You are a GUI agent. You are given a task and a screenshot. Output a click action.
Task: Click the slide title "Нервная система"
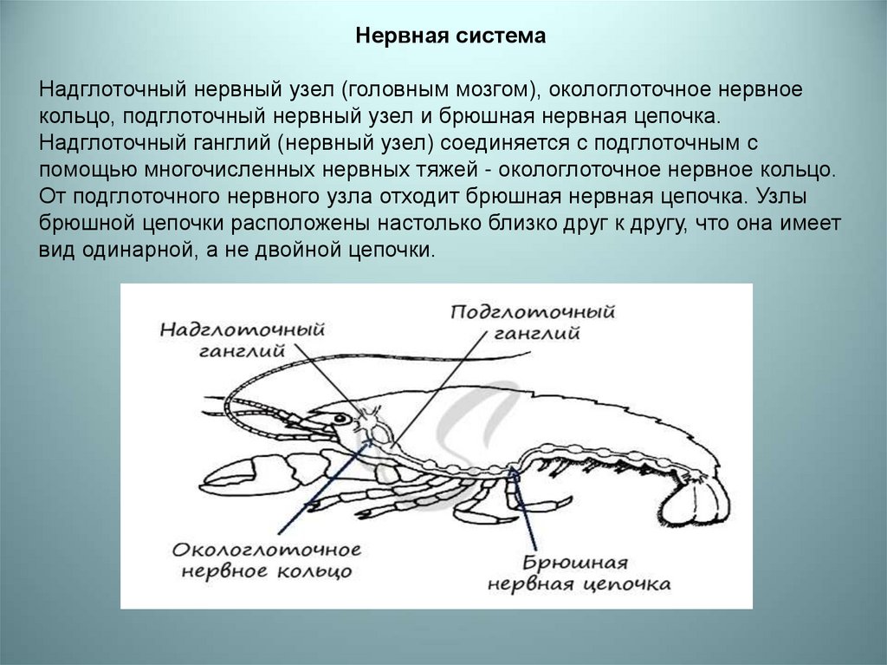tap(451, 36)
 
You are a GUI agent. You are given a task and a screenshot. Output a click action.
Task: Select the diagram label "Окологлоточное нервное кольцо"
tap(267, 560)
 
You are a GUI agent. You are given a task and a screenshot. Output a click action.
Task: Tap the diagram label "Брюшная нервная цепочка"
tap(579, 572)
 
